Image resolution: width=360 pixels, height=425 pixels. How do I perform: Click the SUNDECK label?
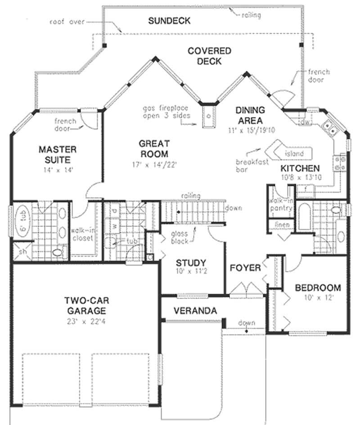coord(169,21)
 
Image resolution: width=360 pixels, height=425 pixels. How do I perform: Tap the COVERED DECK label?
coord(209,56)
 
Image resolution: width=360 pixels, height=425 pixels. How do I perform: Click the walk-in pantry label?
coord(280,205)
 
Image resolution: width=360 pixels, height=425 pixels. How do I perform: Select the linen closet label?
coord(282,225)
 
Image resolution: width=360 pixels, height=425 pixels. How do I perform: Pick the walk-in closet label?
coord(81,234)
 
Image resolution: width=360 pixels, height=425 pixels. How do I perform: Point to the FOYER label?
coord(245,268)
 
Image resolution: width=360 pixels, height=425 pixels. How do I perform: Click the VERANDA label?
coord(195,310)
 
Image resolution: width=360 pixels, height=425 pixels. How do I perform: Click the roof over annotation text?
coord(67,21)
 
